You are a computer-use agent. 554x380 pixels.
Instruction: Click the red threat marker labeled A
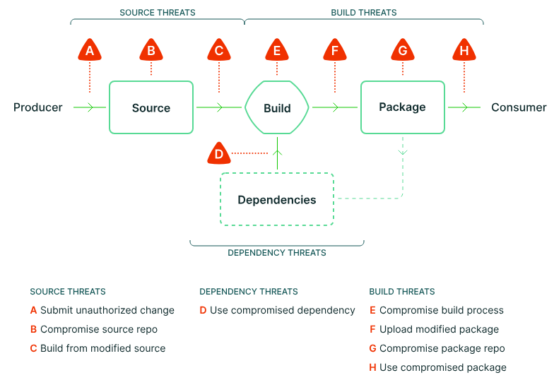coord(90,51)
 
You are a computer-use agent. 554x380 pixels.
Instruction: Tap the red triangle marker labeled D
coord(219,153)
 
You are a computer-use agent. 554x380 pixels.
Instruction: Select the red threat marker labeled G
coord(403,51)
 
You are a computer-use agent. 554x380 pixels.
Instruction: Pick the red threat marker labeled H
coord(464,51)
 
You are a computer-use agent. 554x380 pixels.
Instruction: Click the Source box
coord(151,107)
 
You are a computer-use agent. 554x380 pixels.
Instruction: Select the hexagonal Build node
coord(277,108)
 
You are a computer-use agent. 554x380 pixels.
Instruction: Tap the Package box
coord(403,107)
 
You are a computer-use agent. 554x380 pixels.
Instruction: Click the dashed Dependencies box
coord(277,200)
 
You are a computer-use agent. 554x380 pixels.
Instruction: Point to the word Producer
coord(38,107)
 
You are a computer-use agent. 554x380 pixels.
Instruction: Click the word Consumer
coord(519,107)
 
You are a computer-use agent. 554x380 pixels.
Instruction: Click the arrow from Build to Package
coord(334,107)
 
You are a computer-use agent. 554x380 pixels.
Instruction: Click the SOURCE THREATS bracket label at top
coord(158,13)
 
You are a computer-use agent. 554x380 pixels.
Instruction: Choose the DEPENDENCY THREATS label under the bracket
coord(277,252)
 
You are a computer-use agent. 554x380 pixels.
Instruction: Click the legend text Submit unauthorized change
coord(107,310)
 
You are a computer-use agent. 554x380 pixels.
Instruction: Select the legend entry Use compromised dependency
coord(283,310)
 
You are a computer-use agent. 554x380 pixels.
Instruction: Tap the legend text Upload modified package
coord(439,329)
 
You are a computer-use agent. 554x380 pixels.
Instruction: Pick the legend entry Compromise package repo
coord(442,348)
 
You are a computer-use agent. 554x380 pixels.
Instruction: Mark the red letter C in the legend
coord(33,348)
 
